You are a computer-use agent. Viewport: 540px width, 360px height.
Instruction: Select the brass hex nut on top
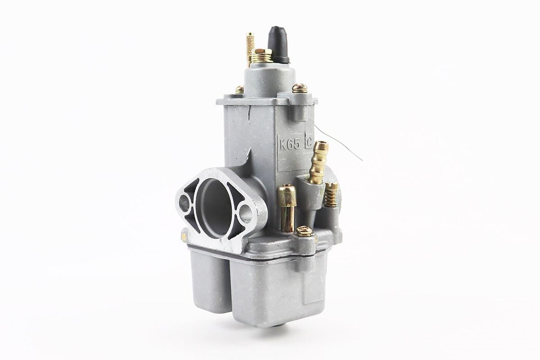(x=263, y=52)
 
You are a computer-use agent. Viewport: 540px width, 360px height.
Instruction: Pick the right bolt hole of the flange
(x=246, y=214)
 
